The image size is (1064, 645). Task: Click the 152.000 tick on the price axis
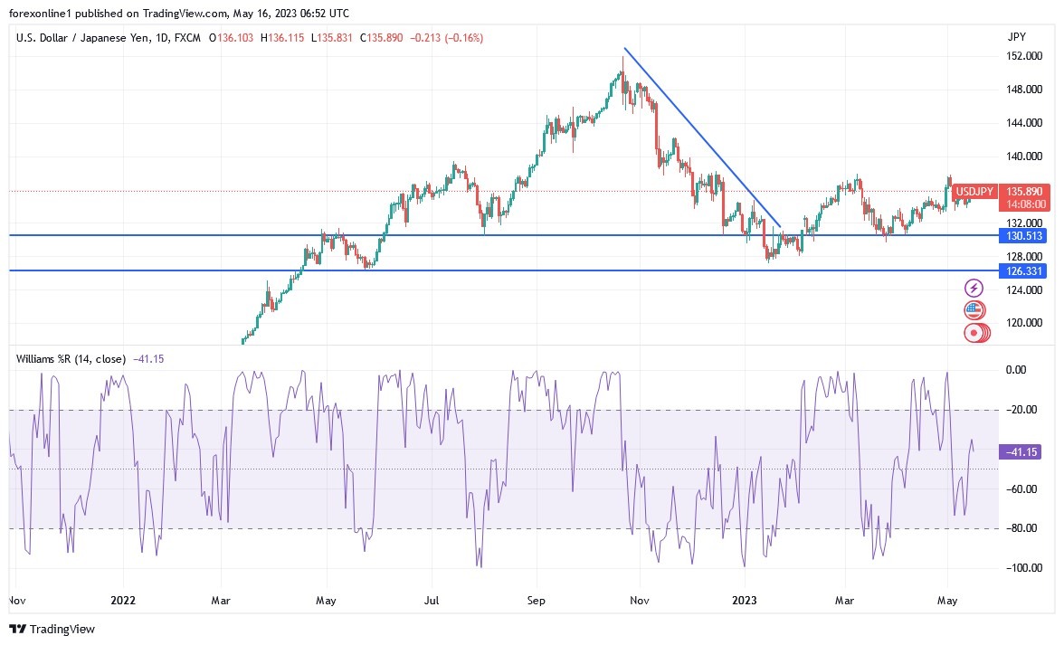(1021, 56)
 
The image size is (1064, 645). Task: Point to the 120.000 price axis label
(1021, 323)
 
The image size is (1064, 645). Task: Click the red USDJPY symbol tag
(974, 192)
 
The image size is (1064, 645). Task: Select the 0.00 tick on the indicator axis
(1016, 370)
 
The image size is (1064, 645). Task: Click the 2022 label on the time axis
(122, 600)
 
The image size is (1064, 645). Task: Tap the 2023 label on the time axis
(744, 600)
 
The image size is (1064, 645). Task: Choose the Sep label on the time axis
(536, 600)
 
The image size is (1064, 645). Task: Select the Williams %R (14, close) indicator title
(71, 358)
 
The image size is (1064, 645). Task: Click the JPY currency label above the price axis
(1016, 37)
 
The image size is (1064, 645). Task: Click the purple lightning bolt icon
(974, 288)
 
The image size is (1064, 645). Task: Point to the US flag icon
(974, 310)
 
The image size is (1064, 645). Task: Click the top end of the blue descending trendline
(624, 48)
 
